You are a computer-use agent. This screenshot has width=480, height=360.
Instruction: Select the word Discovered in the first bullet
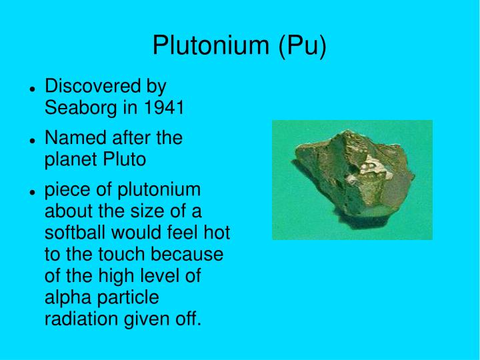93,87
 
